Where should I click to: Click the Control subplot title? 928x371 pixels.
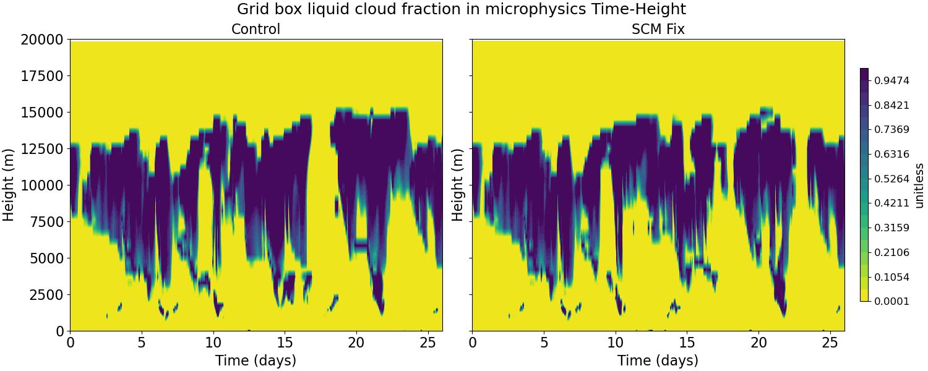point(256,29)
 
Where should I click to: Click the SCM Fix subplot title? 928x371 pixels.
point(658,29)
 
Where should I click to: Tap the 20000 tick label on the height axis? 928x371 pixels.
point(41,40)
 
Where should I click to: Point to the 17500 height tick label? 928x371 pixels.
point(41,76)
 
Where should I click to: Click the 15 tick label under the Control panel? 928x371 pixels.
point(284,342)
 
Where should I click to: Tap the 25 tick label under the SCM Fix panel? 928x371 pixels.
point(830,342)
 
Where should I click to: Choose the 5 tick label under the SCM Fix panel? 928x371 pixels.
point(544,342)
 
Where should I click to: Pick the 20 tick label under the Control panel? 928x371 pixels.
point(356,342)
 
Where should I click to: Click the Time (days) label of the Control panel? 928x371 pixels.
point(256,360)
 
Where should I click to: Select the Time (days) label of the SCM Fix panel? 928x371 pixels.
point(658,360)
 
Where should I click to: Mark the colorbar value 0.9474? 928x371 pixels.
point(891,81)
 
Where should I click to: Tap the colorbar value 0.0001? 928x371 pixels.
point(891,301)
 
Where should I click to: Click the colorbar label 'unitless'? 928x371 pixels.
point(919,185)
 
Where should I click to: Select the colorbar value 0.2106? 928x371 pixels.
point(891,252)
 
